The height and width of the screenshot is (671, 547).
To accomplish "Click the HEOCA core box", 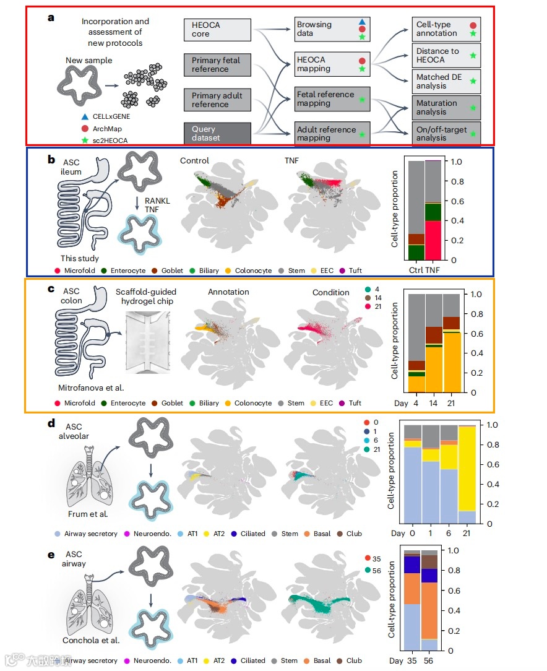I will point(217,30).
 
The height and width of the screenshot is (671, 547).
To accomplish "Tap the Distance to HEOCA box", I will point(446,55).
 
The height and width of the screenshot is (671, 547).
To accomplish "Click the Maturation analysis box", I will point(446,107).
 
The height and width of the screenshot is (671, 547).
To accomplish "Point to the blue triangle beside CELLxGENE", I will point(85,116).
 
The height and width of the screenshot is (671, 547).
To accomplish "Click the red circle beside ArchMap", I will point(85,128).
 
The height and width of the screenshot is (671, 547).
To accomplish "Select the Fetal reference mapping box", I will point(332,99).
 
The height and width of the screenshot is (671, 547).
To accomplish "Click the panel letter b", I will point(52,159).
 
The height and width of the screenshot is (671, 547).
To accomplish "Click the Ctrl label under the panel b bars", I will point(416,271).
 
